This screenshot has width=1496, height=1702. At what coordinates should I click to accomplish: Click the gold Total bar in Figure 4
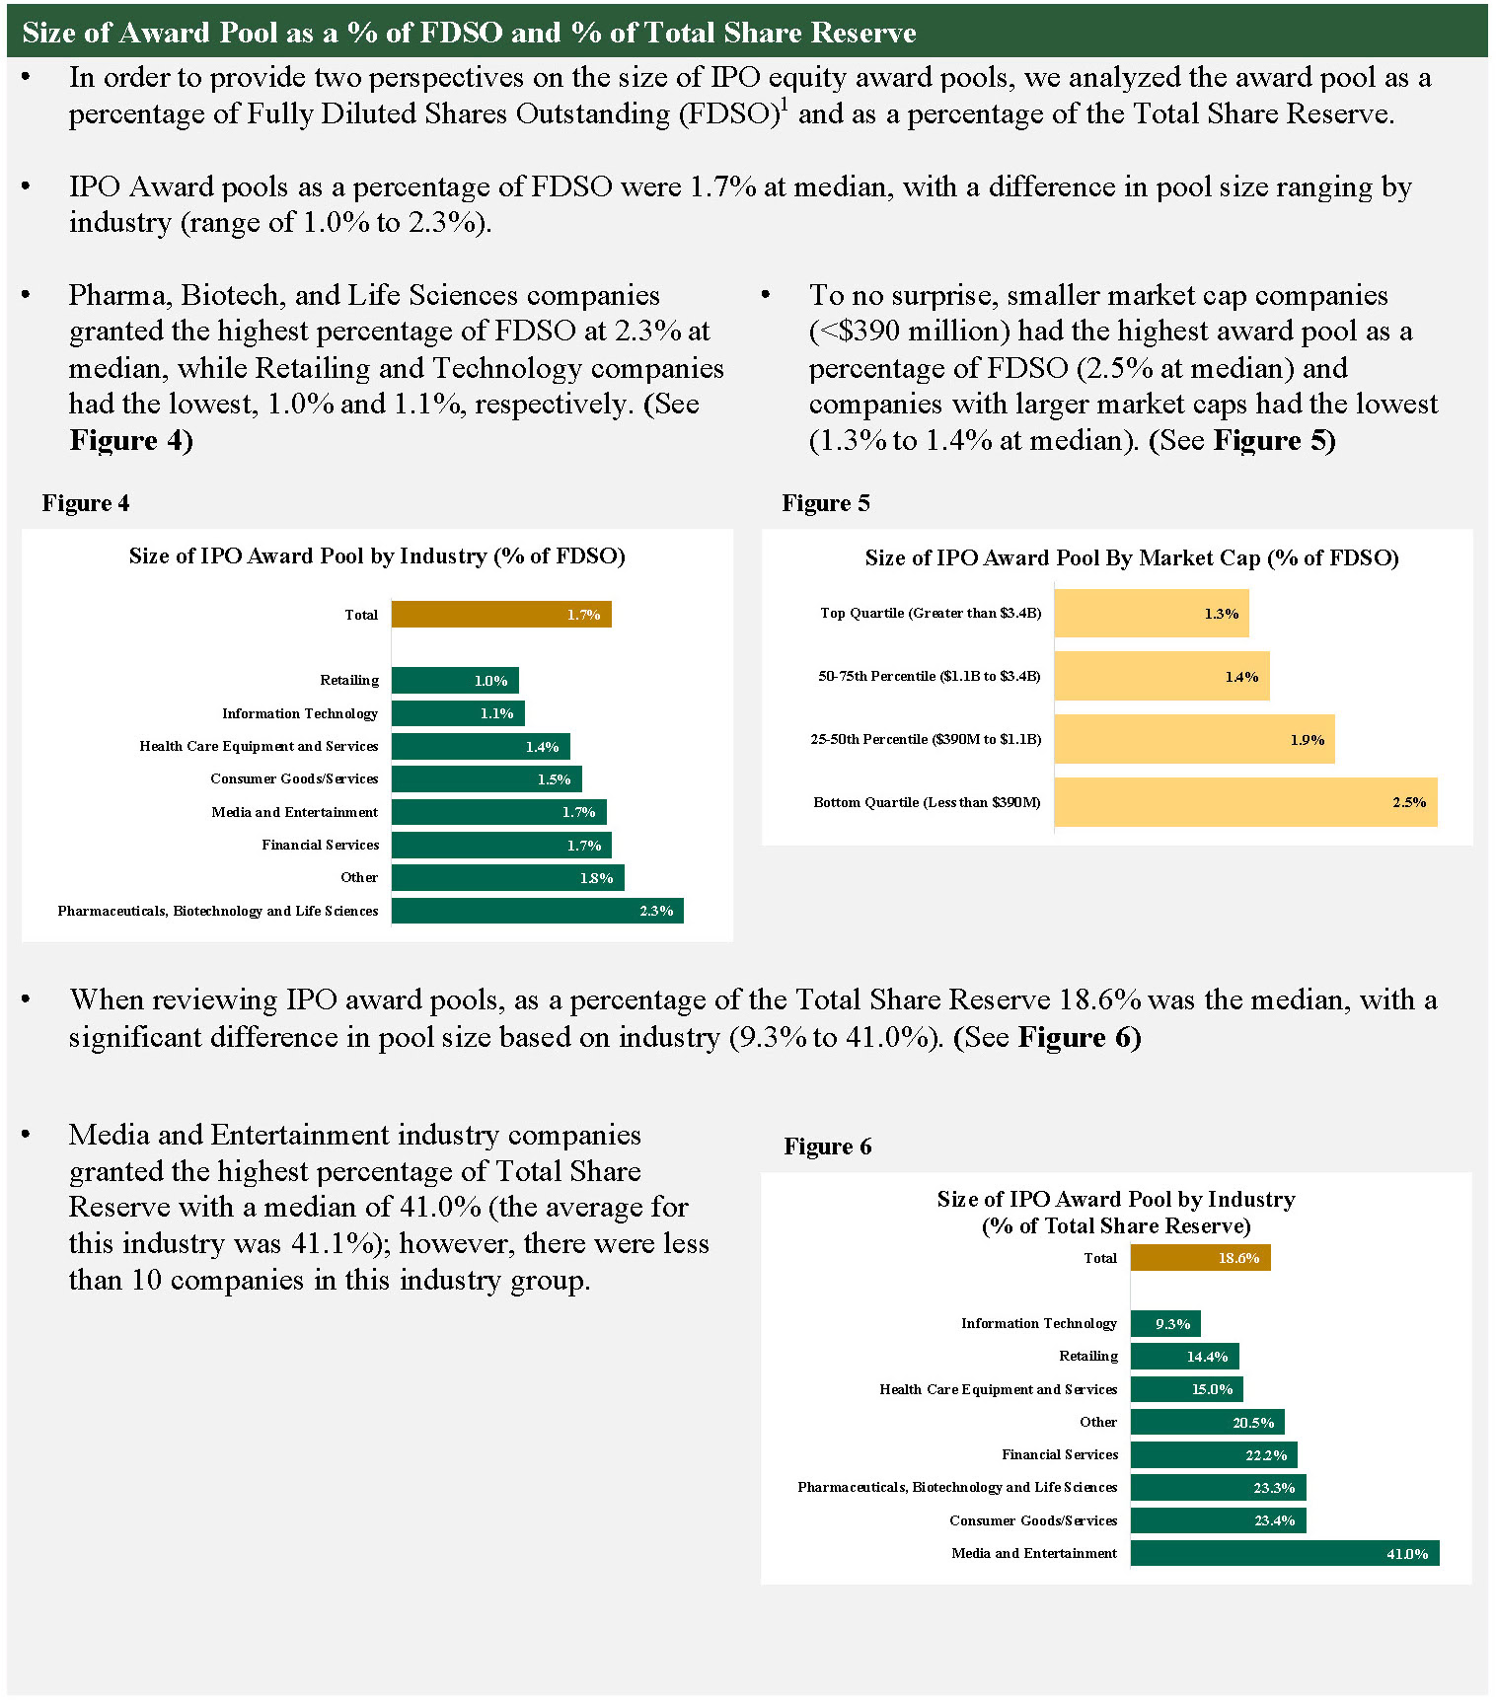tap(501, 615)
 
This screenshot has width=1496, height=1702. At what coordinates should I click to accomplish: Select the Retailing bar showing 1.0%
tap(455, 681)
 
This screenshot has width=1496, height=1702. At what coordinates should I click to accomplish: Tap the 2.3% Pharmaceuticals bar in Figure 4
tap(537, 911)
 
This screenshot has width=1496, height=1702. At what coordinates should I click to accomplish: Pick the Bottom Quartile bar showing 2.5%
tap(1245, 802)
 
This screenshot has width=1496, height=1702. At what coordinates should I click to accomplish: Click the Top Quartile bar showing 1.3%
tap(1151, 614)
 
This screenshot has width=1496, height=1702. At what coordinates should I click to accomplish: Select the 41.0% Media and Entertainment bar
tap(1284, 1554)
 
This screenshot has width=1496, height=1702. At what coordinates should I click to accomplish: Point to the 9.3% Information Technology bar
tap(1165, 1324)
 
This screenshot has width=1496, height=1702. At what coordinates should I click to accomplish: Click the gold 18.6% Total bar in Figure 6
tap(1200, 1258)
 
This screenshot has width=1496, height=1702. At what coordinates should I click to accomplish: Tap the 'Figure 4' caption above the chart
tap(86, 503)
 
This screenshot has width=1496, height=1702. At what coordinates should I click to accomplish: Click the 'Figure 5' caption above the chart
tap(826, 503)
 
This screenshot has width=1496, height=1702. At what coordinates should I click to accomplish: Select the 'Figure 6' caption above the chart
tap(828, 1147)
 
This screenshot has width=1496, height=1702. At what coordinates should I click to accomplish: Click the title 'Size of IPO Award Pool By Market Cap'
tap(1131, 558)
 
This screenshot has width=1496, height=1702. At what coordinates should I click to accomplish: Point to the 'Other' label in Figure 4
tap(359, 878)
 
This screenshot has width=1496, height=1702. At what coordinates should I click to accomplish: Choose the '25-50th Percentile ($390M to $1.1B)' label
tap(926, 739)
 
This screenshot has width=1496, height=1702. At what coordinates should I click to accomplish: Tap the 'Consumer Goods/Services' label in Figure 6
tap(1033, 1520)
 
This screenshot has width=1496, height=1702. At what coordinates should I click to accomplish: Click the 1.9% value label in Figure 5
tap(1307, 740)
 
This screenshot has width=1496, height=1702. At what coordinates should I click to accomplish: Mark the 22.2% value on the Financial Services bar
tap(1266, 1455)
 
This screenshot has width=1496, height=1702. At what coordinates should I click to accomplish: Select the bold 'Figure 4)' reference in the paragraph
tap(131, 440)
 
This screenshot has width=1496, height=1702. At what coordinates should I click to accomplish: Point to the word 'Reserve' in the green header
tap(862, 33)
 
